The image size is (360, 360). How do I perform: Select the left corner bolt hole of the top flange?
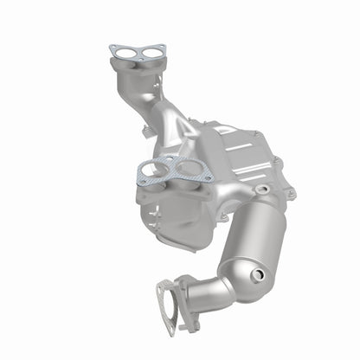coord(114,49)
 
